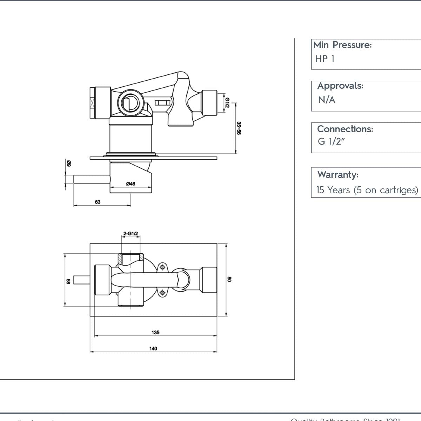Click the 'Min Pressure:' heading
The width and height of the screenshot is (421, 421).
tap(342, 45)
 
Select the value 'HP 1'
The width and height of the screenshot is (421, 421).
tap(325, 59)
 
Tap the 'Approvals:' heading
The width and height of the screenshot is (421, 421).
tap(340, 86)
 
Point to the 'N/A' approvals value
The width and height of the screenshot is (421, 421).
tap(327, 100)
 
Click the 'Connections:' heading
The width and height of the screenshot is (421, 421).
tap(345, 129)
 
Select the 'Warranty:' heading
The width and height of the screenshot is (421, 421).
tap(338, 174)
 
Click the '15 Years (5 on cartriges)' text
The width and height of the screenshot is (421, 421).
tap(367, 190)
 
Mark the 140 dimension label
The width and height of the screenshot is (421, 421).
tap(153, 348)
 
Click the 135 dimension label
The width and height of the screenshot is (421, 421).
tap(155, 332)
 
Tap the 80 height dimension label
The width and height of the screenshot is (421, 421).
tap(229, 279)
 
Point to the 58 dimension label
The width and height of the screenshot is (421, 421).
tap(68, 281)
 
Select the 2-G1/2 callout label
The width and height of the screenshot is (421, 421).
tap(131, 233)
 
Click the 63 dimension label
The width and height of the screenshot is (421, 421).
tap(98, 202)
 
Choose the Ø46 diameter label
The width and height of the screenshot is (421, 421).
tap(131, 183)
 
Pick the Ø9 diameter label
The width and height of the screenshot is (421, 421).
tap(69, 163)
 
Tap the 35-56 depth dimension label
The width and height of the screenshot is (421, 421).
tap(239, 128)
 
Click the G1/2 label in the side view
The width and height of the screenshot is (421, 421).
tap(227, 103)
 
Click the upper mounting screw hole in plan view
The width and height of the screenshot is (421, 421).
tap(162, 268)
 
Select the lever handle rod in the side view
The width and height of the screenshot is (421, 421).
tap(92, 179)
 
